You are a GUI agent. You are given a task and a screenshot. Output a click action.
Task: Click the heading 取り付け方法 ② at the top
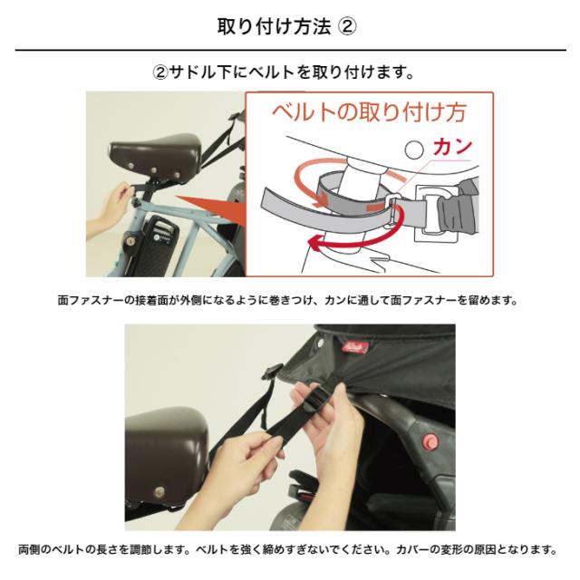(289, 24)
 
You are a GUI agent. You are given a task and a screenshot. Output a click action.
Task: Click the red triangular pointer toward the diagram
(208, 207)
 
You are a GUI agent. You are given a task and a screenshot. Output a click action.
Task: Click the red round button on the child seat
(430, 441)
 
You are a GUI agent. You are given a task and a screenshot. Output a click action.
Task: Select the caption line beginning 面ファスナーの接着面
(289, 299)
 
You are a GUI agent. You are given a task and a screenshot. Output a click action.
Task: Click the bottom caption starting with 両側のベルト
(289, 550)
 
